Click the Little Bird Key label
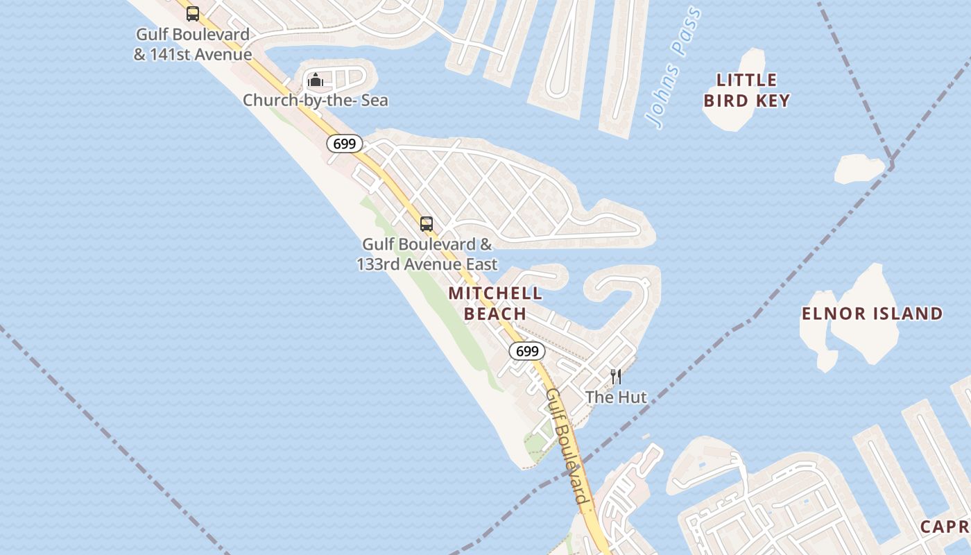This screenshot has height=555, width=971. [x=746, y=90]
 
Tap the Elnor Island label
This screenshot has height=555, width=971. [x=872, y=314]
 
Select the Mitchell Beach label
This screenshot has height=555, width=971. [x=495, y=303]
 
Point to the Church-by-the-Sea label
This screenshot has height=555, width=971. [x=315, y=101]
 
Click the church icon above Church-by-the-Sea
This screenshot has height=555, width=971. [x=315, y=80]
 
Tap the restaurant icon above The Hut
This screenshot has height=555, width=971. [x=615, y=377]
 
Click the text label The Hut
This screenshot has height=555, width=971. [x=615, y=398]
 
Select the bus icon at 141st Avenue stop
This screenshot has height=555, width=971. [x=193, y=13]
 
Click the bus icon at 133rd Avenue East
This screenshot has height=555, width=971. [x=426, y=224]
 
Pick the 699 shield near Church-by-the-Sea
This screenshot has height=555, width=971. [x=344, y=144]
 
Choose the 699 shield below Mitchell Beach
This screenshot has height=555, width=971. [x=527, y=351]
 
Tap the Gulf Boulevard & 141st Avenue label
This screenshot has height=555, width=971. [x=192, y=44]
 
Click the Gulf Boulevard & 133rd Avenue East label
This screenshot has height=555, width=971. [x=427, y=254]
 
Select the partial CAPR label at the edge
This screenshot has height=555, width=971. [x=945, y=527]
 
